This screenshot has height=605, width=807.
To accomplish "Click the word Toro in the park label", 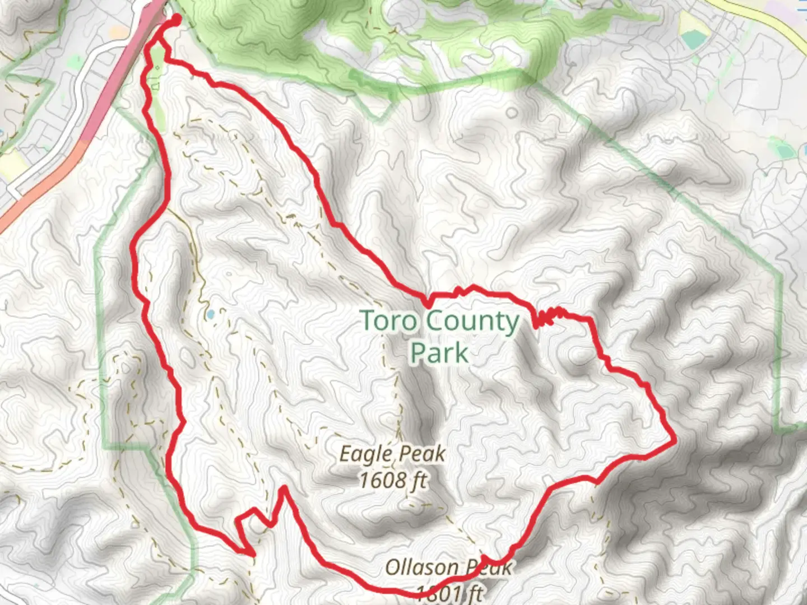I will pos(388,322).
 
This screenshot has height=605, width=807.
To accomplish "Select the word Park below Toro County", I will pos(439,353).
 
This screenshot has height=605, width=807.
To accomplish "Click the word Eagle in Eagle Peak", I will pos(364,454).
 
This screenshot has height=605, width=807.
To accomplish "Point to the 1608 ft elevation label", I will pos(393,480).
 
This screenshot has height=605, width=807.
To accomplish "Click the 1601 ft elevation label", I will pos(449,593).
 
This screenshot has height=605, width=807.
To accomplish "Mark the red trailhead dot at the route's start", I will pos(175,20).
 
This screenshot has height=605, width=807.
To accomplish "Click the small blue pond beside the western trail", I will pos(210,315).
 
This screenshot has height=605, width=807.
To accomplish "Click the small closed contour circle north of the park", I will pos(512,113).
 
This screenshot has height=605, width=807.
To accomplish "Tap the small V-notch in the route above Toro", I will pos(429,301).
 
